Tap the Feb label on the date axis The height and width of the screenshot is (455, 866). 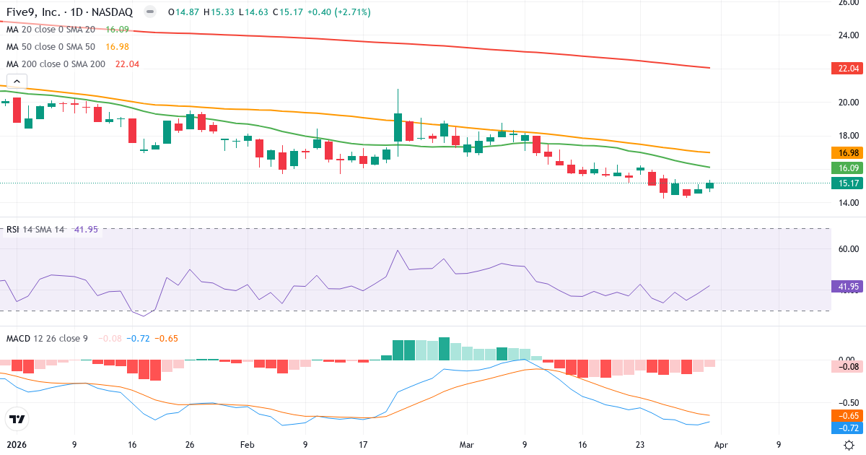(248, 445)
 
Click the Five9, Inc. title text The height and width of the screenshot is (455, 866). (37, 12)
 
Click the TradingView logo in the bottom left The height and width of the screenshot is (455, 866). (17, 419)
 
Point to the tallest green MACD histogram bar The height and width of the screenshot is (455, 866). (445, 348)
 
